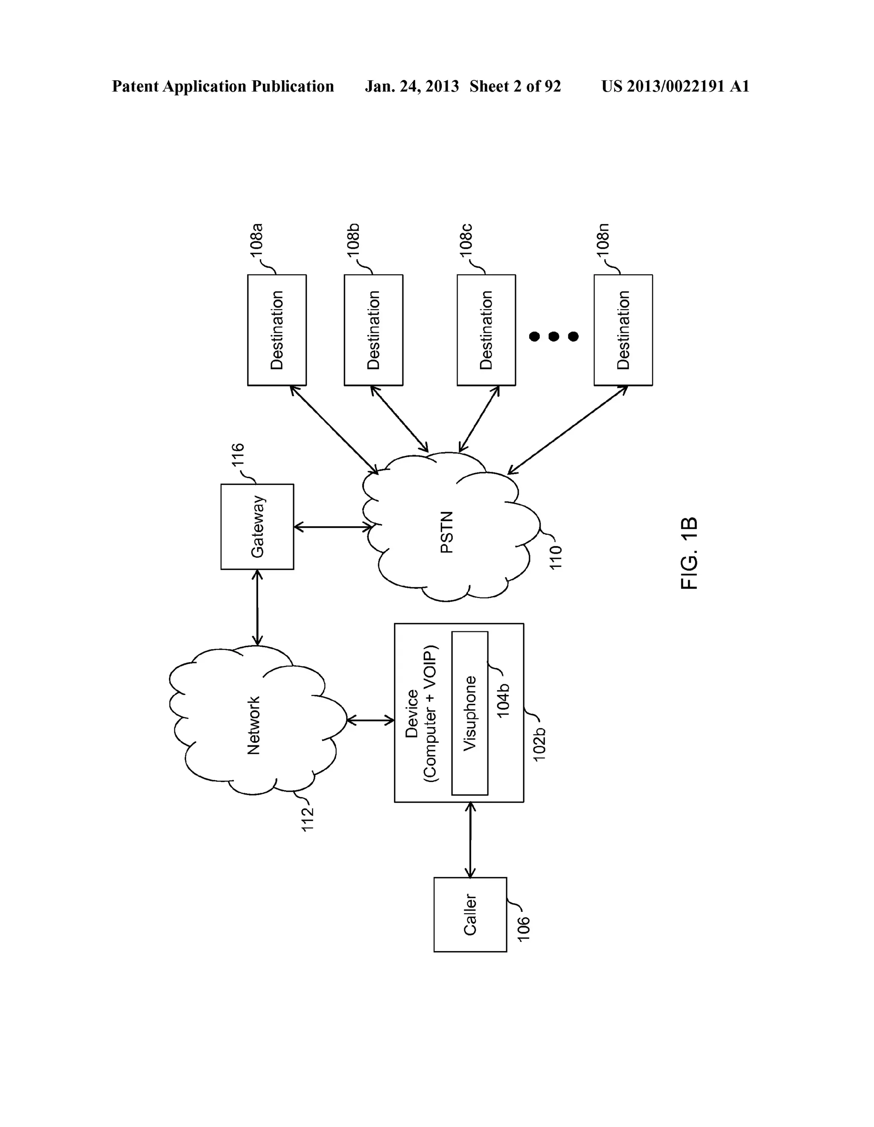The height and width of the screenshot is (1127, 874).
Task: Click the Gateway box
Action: (257, 526)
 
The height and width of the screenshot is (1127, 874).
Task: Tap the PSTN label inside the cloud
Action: (446, 532)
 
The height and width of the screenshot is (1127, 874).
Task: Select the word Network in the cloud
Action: (253, 725)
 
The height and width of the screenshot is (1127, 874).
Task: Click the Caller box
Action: (469, 914)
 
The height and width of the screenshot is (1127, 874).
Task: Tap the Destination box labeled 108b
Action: (373, 330)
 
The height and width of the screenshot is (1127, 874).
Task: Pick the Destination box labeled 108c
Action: (486, 330)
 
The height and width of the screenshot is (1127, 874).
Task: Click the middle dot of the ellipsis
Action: (554, 337)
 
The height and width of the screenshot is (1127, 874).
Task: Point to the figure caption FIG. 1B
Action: (689, 553)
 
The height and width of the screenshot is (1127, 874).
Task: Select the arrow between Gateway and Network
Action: (257, 607)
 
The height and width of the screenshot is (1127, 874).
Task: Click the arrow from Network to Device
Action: (370, 720)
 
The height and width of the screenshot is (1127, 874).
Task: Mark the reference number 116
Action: (238, 455)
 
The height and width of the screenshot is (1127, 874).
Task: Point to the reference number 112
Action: (308, 818)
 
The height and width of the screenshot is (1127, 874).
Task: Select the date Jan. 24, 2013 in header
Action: (411, 86)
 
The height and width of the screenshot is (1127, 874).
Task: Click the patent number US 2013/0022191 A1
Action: (675, 86)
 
